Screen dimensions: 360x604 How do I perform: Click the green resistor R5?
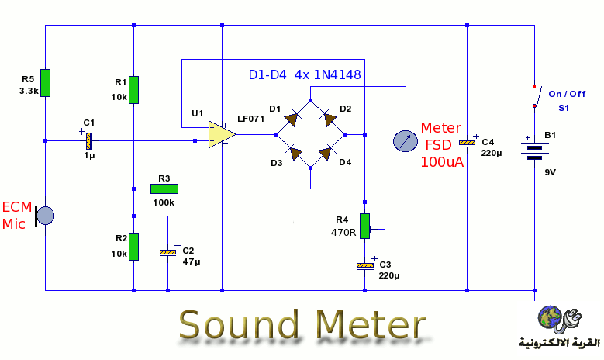pyautogui.click(x=46, y=82)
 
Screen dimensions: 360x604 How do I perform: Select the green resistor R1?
pyautogui.click(x=134, y=89)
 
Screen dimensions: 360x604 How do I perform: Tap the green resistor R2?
pyautogui.click(x=134, y=246)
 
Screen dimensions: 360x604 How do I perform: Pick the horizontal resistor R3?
pyautogui.click(x=164, y=188)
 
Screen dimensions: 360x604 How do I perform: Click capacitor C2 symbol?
pyautogui.click(x=167, y=252)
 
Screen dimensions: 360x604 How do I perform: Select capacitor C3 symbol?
pyautogui.click(x=364, y=266)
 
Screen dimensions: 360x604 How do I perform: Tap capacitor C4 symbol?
pyautogui.click(x=467, y=143)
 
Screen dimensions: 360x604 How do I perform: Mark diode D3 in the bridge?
pyautogui.click(x=295, y=152)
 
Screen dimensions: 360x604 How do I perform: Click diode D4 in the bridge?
pyautogui.click(x=326, y=152)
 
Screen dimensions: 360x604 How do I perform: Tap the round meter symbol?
pyautogui.click(x=406, y=140)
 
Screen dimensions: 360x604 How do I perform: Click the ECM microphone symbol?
pyautogui.click(x=46, y=215)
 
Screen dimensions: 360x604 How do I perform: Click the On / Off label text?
pyautogui.click(x=568, y=94)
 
